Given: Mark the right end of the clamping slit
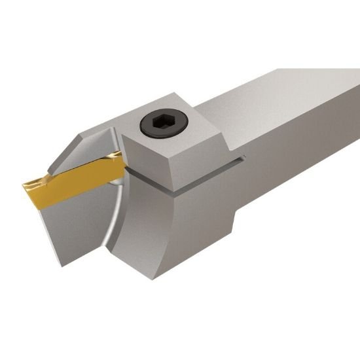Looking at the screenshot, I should point(243,156).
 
